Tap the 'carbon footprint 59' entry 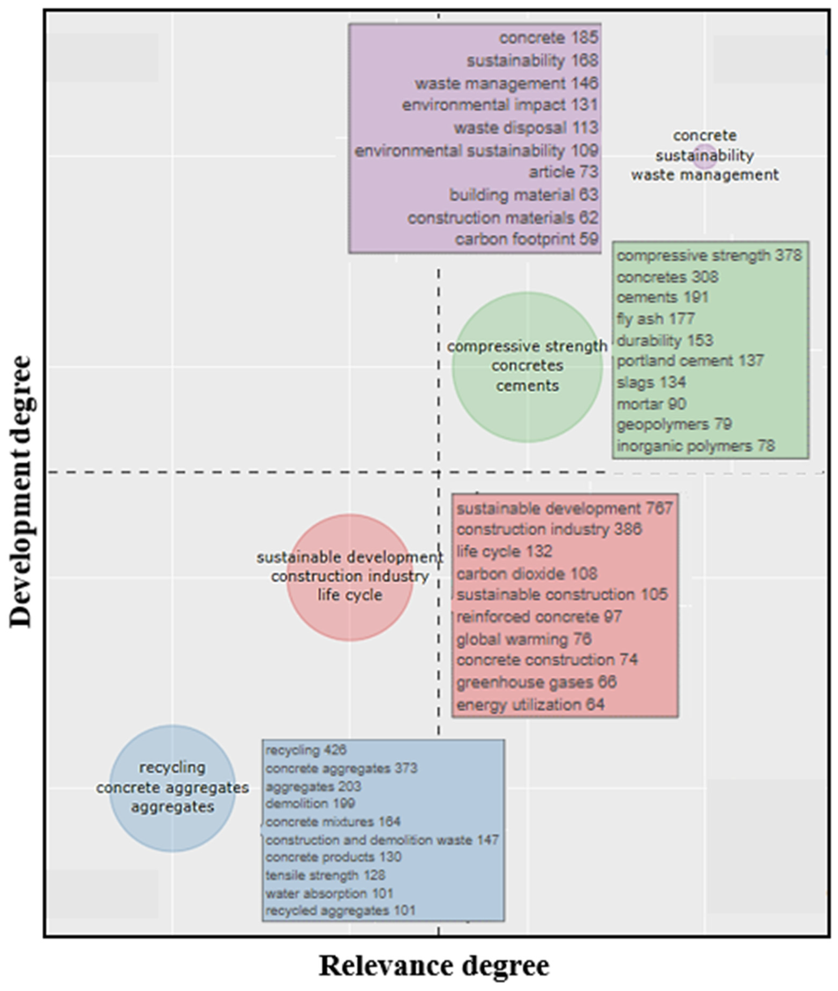[526, 239]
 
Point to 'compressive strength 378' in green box [709, 256]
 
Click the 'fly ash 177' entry [655, 319]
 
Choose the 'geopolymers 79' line [674, 424]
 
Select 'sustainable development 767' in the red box [564, 509]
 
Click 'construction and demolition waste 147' [382, 840]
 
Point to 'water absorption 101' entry [329, 894]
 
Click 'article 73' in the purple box [563, 172]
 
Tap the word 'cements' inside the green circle [527, 386]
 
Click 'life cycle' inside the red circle [350, 595]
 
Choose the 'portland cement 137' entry [690, 361]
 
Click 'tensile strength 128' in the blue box [325, 875]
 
